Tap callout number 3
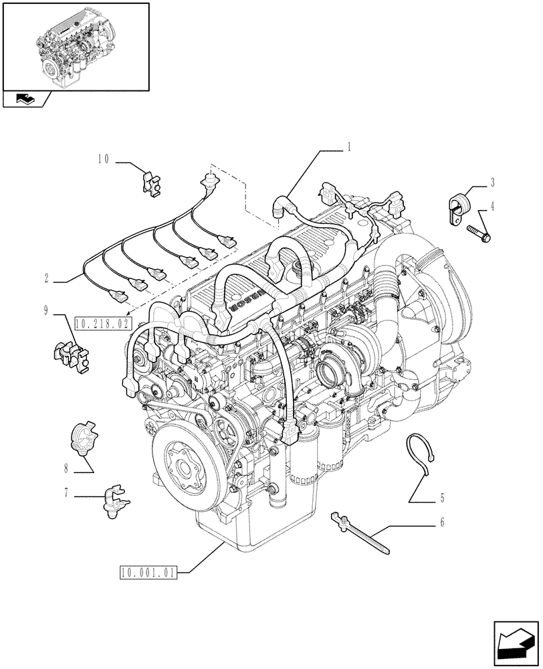pyautogui.click(x=492, y=181)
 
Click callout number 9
pyautogui.click(x=45, y=309)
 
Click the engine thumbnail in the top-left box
pyautogui.click(x=75, y=46)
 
